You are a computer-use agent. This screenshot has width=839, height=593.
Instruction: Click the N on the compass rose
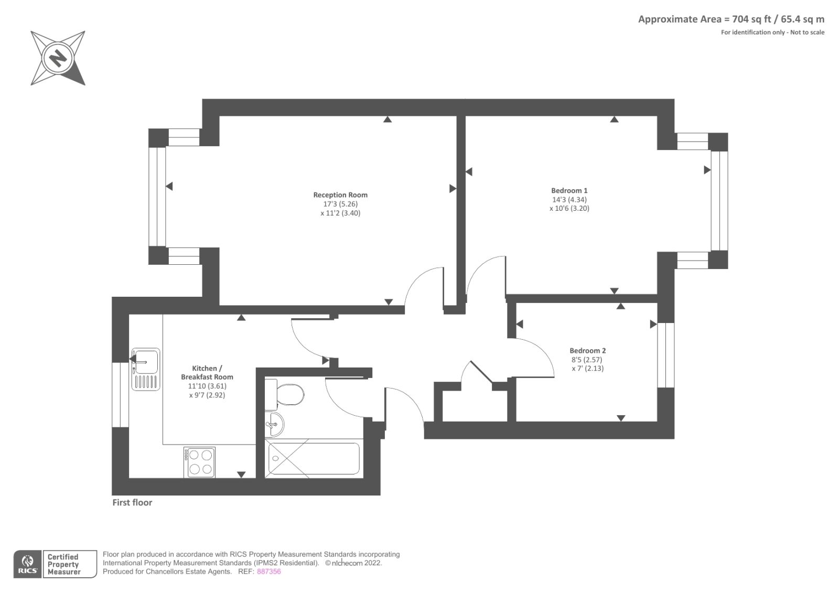58,58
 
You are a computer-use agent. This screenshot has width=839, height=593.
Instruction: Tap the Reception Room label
340,195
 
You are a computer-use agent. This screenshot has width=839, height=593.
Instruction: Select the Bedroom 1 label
569,190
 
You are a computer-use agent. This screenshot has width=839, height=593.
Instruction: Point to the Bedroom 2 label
587,351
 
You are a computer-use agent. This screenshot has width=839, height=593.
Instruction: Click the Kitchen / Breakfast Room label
207,372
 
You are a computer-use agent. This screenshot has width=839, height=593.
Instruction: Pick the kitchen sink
146,369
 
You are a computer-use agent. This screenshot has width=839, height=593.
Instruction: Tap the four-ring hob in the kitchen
199,462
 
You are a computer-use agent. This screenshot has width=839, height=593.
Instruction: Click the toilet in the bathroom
284,394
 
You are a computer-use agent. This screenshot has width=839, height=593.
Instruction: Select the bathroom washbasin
275,424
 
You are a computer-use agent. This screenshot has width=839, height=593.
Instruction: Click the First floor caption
132,502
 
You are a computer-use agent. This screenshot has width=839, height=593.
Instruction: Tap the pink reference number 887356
268,572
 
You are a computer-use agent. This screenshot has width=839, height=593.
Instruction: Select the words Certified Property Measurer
63,564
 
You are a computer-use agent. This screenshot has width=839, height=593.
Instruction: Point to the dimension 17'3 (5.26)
340,204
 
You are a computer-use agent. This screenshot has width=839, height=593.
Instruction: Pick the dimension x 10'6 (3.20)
569,208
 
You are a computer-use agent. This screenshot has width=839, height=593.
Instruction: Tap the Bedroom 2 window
666,355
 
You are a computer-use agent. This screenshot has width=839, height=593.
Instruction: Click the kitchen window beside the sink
120,395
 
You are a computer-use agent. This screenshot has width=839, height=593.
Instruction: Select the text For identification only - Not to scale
773,32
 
